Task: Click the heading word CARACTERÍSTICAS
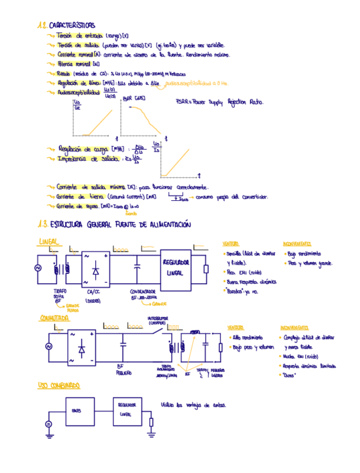tap(72, 26)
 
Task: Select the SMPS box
tap(76, 411)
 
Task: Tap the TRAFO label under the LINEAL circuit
tap(59, 291)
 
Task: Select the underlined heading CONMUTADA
tap(54, 318)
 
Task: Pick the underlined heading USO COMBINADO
tap(59, 385)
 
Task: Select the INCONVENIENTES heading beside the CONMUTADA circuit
tap(295, 327)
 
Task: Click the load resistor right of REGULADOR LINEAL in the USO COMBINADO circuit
tap(151, 422)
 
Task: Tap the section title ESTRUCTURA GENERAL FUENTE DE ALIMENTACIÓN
tap(120, 225)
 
